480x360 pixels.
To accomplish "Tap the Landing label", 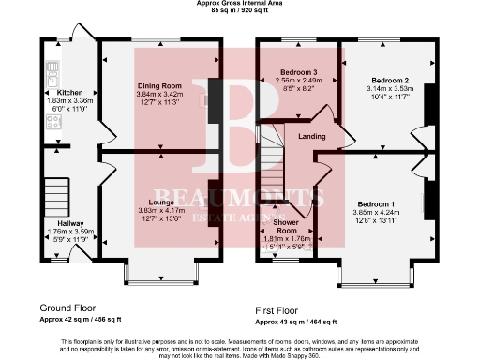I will pos(312,137).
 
